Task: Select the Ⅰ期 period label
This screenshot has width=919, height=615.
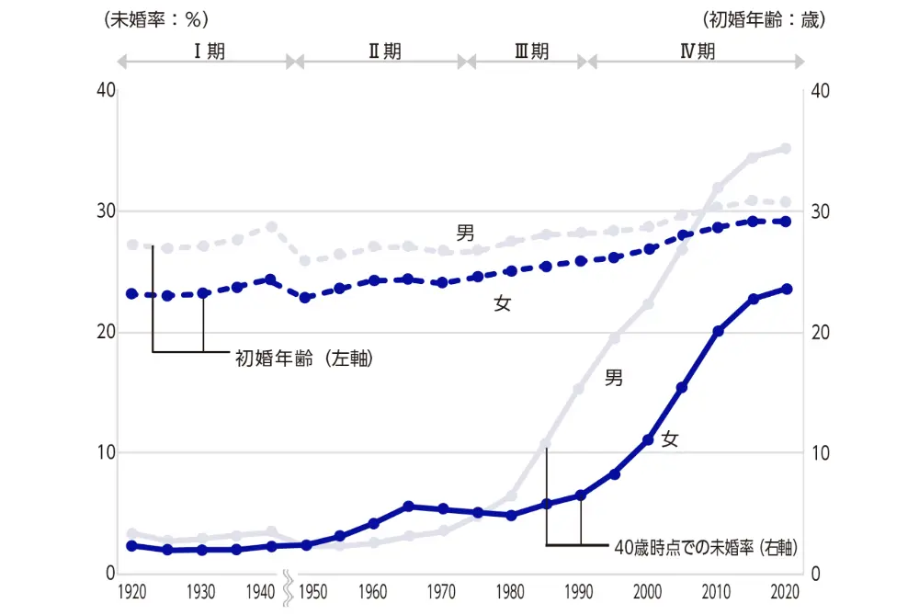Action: (209, 51)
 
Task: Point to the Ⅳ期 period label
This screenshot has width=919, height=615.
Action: (697, 51)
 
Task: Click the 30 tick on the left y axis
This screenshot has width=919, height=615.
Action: (106, 211)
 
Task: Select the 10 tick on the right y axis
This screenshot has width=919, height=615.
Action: (820, 453)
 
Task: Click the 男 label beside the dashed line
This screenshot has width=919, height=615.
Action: (466, 233)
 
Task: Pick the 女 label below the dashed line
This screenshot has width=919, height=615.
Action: (503, 303)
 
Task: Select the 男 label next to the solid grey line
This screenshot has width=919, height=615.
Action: (614, 377)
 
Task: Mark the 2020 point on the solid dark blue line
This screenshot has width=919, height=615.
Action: (787, 289)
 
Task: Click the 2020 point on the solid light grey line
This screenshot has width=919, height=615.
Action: (786, 148)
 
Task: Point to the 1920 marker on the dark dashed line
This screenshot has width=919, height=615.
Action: (132, 294)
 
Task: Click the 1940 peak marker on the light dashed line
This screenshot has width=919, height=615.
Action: (271, 226)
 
